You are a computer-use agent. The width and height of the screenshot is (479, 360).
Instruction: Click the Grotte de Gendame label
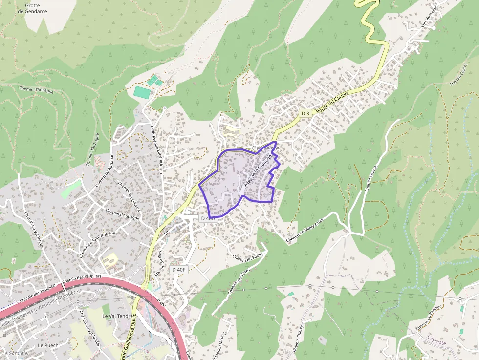click(x=36, y=8)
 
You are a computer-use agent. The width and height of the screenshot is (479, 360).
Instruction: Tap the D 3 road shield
click(x=305, y=113)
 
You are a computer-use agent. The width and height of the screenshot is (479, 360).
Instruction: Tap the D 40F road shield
click(x=179, y=270)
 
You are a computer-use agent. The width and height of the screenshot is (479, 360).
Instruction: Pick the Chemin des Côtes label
click(x=239, y=281)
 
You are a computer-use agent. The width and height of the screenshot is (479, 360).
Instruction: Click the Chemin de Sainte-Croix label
click(x=305, y=230)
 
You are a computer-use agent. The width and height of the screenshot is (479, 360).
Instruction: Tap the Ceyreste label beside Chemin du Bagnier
click(x=436, y=342)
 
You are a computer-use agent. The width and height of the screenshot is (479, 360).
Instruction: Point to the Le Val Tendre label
click(x=118, y=316)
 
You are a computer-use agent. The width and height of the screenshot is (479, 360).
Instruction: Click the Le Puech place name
click(x=47, y=345)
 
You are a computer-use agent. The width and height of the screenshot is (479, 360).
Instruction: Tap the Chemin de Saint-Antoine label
click(x=97, y=244)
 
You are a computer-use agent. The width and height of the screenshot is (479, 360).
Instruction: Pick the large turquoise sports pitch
click(x=142, y=92)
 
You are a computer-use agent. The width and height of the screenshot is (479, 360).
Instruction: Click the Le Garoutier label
click(x=16, y=353)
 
